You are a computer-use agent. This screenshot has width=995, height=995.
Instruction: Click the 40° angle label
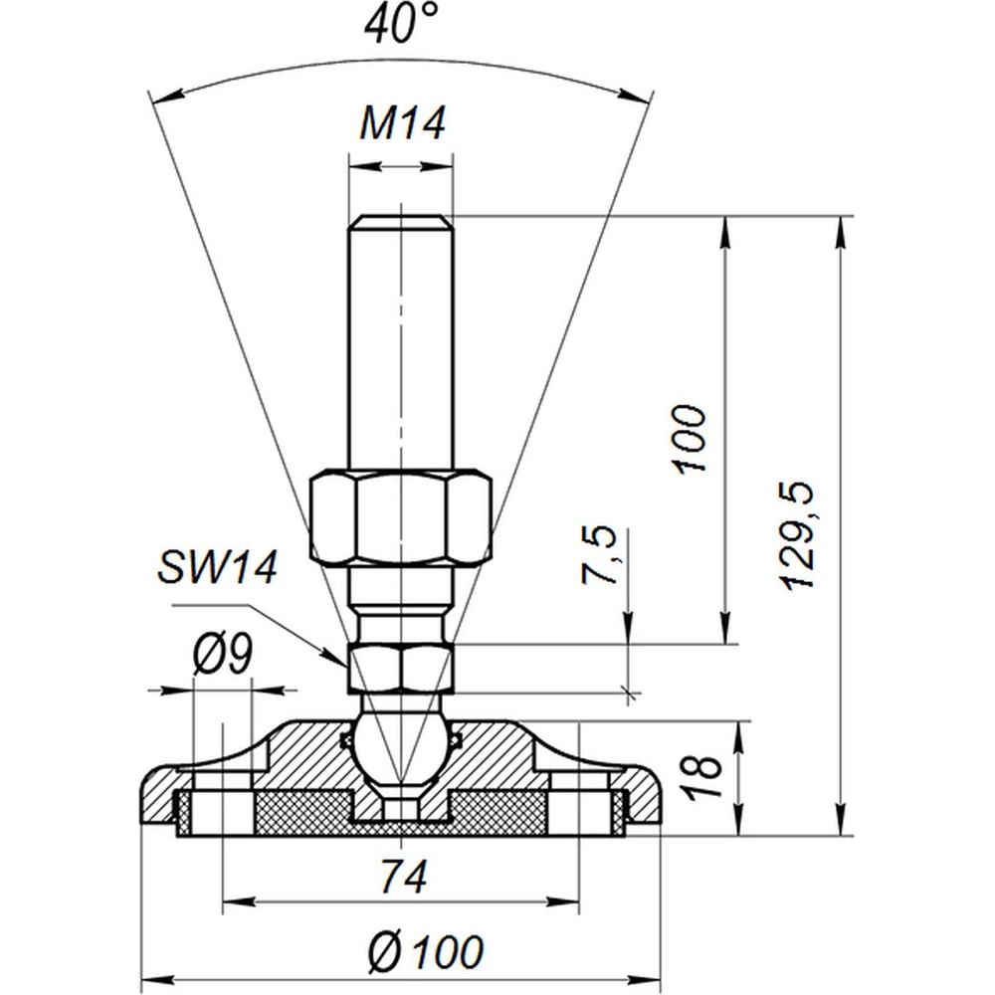(401, 23)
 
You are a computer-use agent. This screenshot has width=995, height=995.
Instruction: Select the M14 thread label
(402, 122)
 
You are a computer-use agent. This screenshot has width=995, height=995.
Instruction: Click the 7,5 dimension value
(598, 554)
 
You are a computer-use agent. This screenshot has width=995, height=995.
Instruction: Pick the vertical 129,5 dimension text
(797, 535)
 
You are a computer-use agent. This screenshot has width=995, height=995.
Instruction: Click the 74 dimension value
(404, 876)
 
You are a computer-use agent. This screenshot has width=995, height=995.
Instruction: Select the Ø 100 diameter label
(426, 951)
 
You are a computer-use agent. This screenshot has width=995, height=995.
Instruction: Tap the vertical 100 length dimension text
(689, 438)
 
